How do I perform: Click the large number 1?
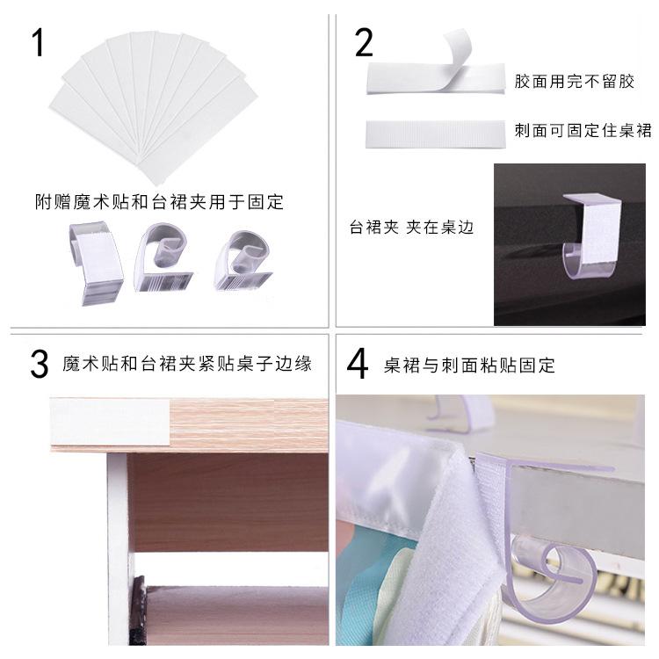pyautogui.click(x=38, y=43)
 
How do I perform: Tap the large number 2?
pyautogui.click(x=363, y=42)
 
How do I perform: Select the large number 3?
pyautogui.click(x=38, y=365)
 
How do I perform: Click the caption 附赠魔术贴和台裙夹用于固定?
pyautogui.click(x=159, y=202)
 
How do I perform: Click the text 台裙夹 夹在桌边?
pyautogui.click(x=411, y=228)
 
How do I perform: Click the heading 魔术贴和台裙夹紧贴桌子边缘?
pyautogui.click(x=187, y=365)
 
